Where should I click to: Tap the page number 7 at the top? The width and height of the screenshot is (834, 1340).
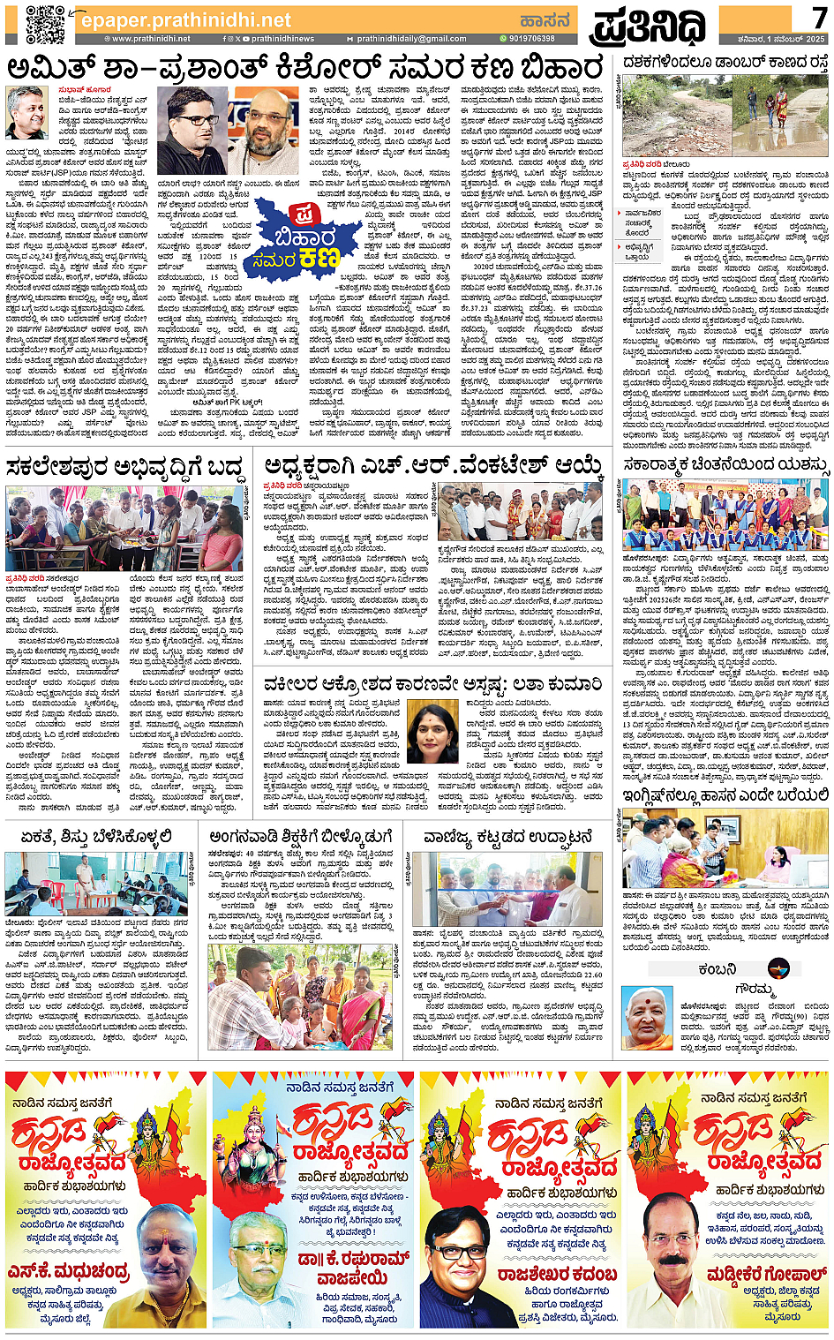pos(818,17)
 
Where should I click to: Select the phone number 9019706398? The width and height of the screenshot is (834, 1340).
pos(530,39)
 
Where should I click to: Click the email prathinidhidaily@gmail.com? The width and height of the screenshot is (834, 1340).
pos(411,39)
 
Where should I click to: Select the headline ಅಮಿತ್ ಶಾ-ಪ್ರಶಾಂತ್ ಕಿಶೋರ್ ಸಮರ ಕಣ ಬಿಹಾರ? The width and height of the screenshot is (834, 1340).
pos(305,68)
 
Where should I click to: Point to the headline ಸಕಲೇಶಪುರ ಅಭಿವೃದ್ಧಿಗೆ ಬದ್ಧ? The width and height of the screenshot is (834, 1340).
pos(124,465)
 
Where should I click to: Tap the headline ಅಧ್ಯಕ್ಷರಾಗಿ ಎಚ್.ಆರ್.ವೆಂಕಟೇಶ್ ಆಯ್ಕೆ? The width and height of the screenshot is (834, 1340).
pos(433,465)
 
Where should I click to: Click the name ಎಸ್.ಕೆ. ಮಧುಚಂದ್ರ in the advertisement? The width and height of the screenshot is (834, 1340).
pos(68,1271)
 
